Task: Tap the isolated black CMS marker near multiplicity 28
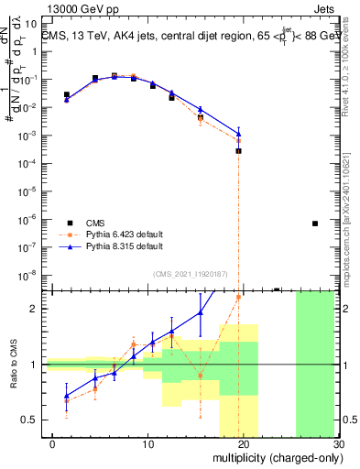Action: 314,224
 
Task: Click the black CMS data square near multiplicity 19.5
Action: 238,150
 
